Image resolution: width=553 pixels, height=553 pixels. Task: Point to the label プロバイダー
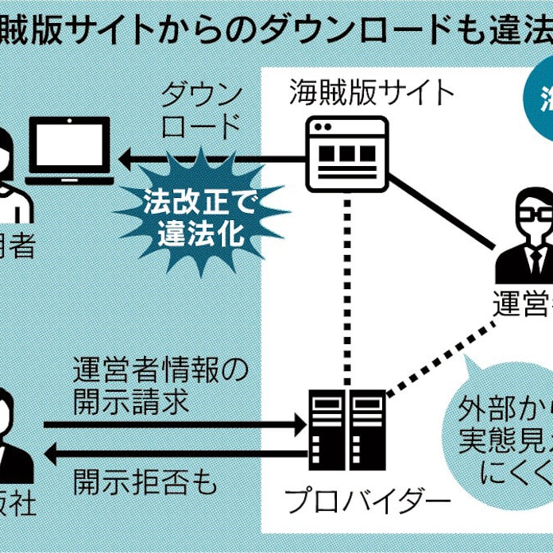[x=367, y=502]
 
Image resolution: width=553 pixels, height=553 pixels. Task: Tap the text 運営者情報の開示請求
[x=160, y=385]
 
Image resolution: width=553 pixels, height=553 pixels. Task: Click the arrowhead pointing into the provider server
[x=300, y=424]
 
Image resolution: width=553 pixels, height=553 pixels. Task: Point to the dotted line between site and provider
[x=347, y=286]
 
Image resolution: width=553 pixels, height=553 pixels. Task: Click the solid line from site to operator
[x=445, y=209]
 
